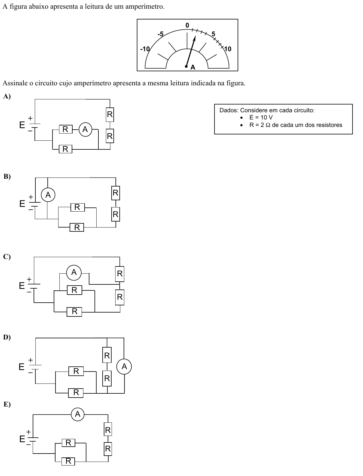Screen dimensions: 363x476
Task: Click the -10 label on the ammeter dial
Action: pos(145,49)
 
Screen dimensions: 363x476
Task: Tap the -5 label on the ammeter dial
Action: pos(160,34)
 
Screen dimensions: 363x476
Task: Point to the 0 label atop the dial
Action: pos(187,25)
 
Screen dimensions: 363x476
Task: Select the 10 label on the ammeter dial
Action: pos(228,49)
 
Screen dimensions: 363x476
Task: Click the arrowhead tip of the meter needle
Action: pos(195,36)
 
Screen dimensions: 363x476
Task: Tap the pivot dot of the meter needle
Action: pos(186,66)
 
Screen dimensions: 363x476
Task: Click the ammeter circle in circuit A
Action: pos(85,129)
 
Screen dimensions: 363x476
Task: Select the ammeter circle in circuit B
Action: pos(48,195)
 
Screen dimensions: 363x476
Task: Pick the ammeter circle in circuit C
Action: pos(74,272)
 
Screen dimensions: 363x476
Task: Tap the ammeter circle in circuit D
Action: pos(124,366)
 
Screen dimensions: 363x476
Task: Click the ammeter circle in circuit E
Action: pos(78,414)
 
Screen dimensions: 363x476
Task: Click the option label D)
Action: pos(7,337)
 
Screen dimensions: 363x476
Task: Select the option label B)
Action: pos(7,176)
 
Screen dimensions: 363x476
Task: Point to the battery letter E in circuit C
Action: pos(22,286)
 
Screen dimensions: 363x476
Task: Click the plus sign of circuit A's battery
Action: pos(30,118)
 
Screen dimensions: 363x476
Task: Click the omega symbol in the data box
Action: pos(268,125)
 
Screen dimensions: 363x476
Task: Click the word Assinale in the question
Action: pos(15,83)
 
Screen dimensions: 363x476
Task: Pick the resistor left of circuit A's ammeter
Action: pos(66,129)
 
